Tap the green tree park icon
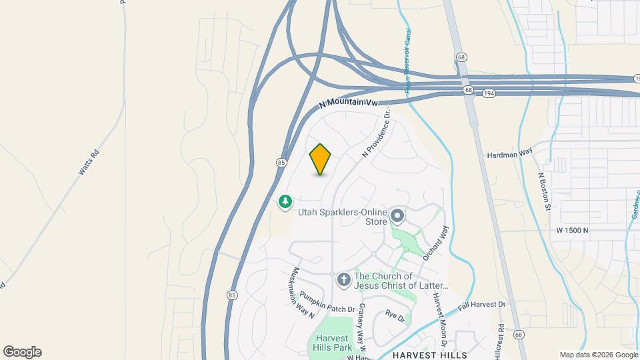(285, 201)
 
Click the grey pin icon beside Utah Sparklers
(397, 215)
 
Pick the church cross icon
(343, 280)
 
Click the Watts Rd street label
(88, 162)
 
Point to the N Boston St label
(544, 192)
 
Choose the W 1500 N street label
(573, 230)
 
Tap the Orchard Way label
(437, 242)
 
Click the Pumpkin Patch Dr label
(326, 302)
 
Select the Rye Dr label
(395, 316)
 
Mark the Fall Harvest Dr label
(483, 305)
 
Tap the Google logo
(22, 352)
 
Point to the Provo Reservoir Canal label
(407, 60)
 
